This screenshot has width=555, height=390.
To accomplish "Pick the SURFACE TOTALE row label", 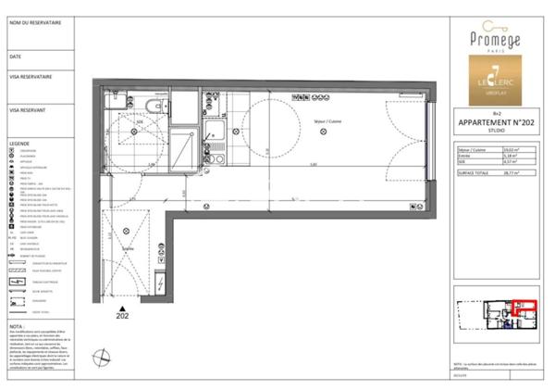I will point(473,172).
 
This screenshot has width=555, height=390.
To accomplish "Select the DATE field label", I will point(15,56).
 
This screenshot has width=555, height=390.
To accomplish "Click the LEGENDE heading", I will point(19,145).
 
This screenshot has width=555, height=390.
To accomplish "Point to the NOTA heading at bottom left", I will point(17,325).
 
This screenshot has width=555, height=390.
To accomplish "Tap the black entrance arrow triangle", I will point(123,307).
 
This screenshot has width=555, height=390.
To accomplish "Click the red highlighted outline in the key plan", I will point(524,309).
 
